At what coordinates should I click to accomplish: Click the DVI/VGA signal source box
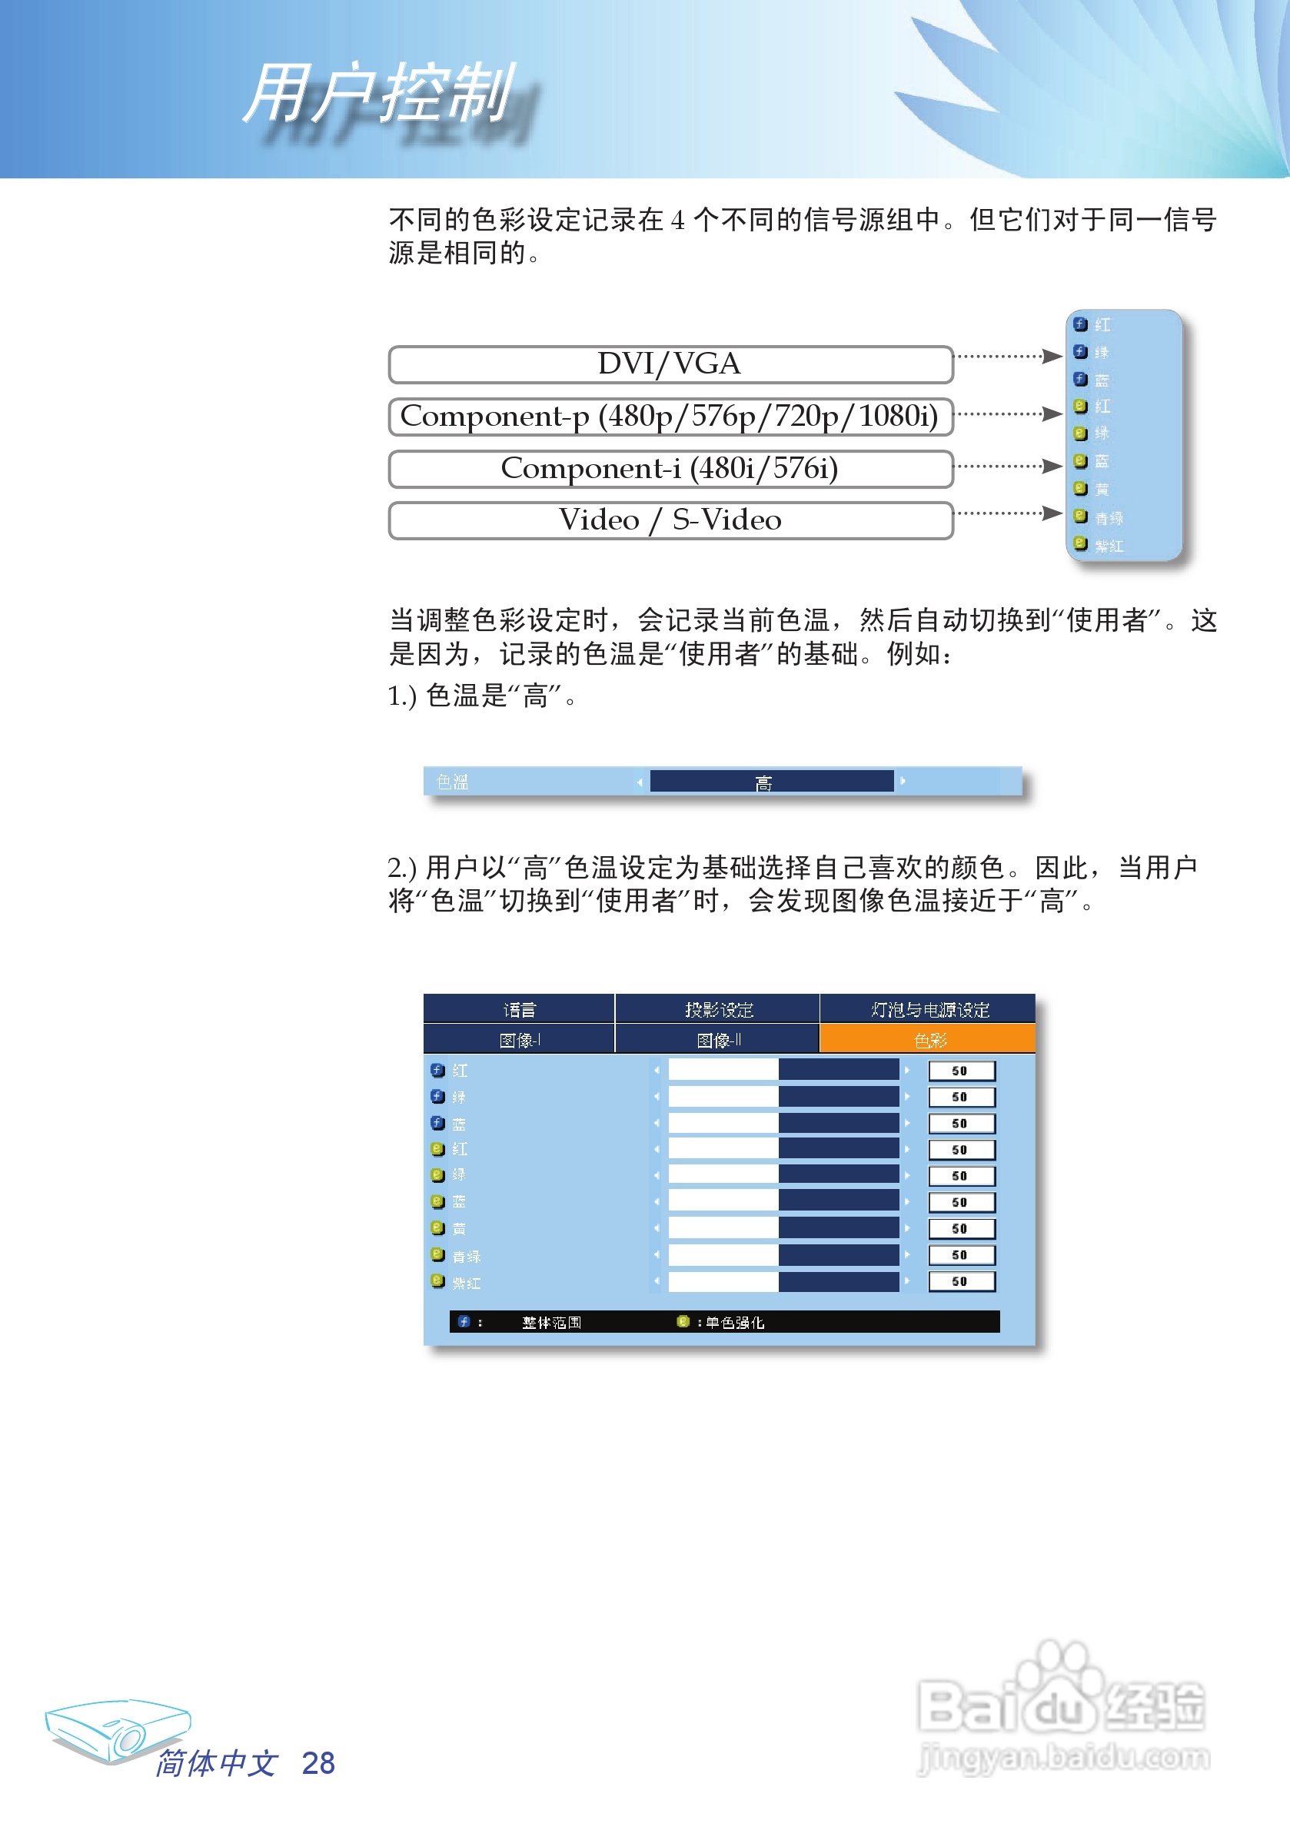point(670,364)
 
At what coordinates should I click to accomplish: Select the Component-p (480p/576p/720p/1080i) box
point(670,416)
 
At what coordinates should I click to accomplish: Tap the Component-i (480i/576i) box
point(670,469)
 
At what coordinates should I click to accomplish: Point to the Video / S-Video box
point(670,520)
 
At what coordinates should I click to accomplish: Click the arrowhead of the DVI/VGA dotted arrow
point(1052,356)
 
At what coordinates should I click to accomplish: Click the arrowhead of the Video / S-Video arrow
point(1052,513)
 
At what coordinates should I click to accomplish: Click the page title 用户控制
point(380,94)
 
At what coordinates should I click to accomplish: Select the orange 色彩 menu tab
point(929,1040)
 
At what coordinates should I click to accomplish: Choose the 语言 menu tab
point(519,1010)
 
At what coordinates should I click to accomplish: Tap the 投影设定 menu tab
point(718,1010)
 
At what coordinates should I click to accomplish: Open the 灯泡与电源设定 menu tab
point(929,1010)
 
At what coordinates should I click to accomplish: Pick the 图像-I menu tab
point(519,1040)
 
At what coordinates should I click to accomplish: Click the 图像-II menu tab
point(718,1040)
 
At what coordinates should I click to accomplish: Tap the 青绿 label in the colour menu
point(467,1256)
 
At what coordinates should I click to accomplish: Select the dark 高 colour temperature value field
point(771,782)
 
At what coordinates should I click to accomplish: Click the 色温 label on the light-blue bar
point(452,782)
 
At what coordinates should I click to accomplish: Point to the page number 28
point(318,1763)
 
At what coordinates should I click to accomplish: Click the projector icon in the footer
point(118,1729)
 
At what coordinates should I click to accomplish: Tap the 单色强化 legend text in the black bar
point(734,1322)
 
